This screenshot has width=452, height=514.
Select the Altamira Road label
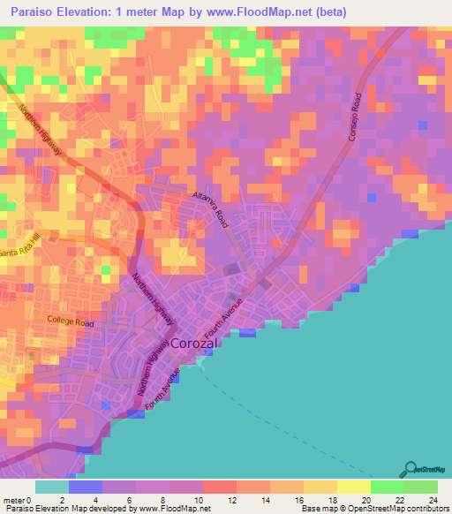point(212,210)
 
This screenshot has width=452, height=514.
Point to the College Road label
point(71,322)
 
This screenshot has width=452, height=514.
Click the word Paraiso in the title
point(33,12)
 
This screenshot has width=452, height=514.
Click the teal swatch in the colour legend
point(52,487)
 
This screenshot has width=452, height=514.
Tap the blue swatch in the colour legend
point(85,487)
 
